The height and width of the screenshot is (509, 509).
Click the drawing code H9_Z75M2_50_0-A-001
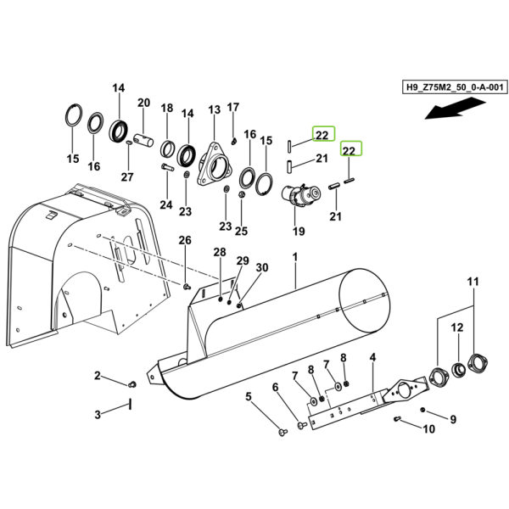[455, 87]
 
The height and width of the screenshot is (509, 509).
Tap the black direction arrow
[455, 109]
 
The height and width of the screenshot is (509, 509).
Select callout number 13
[215, 109]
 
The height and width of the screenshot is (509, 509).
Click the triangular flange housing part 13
[215, 165]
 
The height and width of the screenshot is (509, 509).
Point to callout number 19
[299, 232]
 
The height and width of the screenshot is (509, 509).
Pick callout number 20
[144, 103]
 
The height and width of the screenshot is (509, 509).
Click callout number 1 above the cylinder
[294, 257]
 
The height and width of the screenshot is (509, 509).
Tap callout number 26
[185, 240]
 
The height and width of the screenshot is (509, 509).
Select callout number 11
[473, 282]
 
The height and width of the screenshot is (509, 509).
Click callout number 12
[457, 327]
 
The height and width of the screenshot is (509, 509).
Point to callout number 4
[372, 357]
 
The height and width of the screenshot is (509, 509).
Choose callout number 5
[249, 396]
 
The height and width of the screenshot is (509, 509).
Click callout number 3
[98, 415]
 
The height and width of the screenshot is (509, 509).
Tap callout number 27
[127, 177]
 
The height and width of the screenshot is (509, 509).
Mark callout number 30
[262, 267]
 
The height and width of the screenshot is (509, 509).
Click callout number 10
[428, 429]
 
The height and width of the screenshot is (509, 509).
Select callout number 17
[233, 107]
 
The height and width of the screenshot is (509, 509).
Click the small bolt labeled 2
[132, 385]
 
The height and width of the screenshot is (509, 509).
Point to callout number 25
[241, 231]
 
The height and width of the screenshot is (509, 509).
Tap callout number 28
[220, 252]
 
